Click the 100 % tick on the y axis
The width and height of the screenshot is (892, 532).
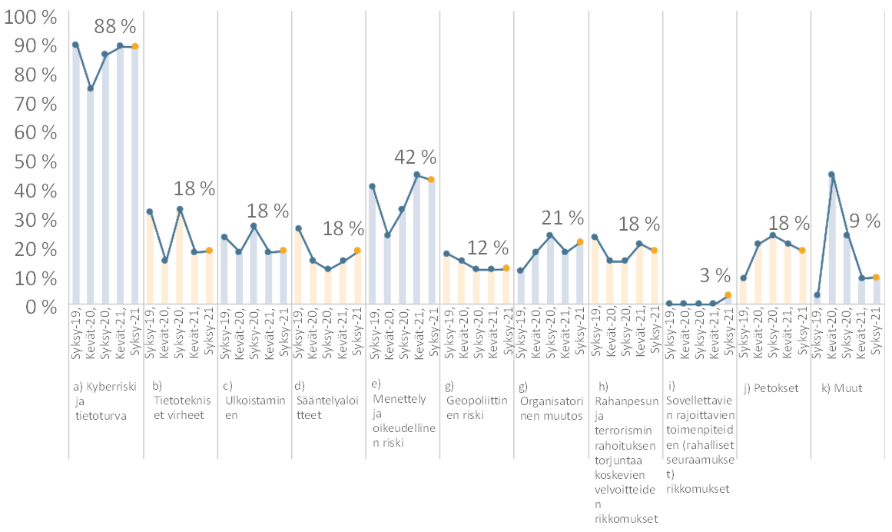[x=30, y=16]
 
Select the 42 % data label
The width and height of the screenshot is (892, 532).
[x=415, y=158]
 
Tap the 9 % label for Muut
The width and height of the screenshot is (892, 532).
[x=864, y=221]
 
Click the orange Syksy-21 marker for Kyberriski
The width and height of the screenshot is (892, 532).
[x=134, y=46]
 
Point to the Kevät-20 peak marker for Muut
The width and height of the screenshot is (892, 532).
[x=832, y=175]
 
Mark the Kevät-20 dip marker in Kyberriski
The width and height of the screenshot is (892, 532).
[x=91, y=88]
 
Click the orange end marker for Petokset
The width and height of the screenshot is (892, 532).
[x=802, y=250]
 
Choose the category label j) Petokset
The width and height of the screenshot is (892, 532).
[x=771, y=388]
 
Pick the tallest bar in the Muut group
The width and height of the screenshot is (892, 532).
[x=832, y=239]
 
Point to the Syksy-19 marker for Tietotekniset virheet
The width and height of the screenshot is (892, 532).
[x=150, y=211]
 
